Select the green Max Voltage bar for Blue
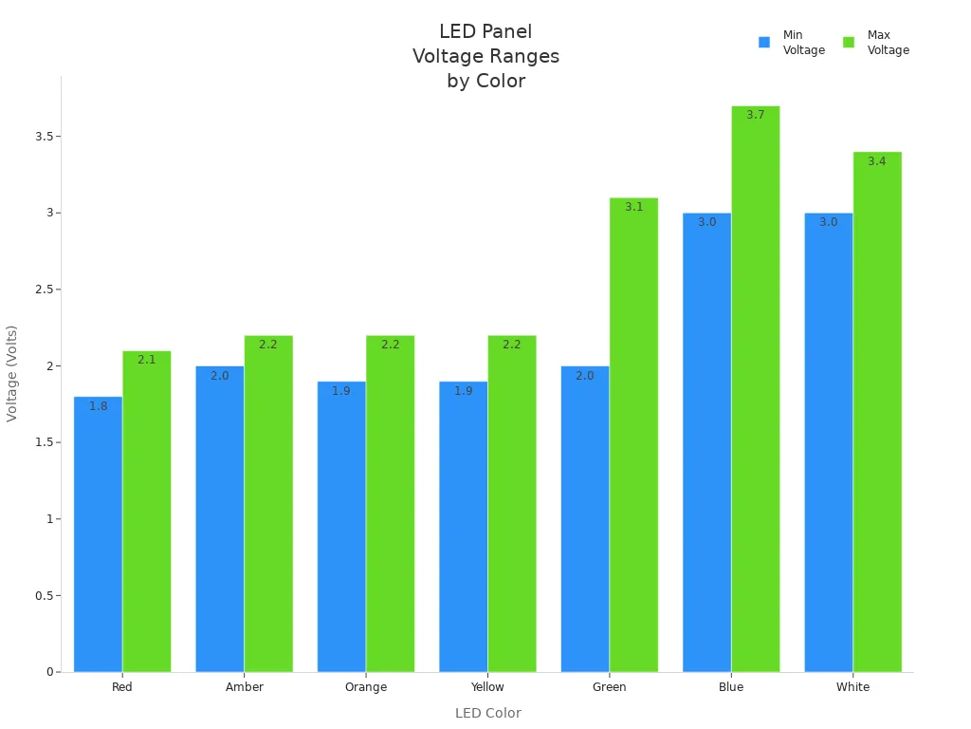pyautogui.click(x=755, y=389)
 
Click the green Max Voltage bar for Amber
pyautogui.click(x=268, y=503)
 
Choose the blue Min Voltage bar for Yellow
pyautogui.click(x=463, y=526)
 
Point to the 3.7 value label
pyautogui.click(x=755, y=115)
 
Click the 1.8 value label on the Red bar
pyautogui.click(x=99, y=406)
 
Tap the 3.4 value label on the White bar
pyautogui.click(x=876, y=161)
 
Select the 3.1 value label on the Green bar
pyautogui.click(x=633, y=207)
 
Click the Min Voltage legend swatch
pyautogui.click(x=764, y=43)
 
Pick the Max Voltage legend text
pyautogui.click(x=888, y=43)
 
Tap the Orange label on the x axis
pyautogui.click(x=366, y=687)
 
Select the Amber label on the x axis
pyautogui.click(x=245, y=687)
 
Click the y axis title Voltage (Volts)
pyautogui.click(x=12, y=373)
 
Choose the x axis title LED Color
pyautogui.click(x=487, y=713)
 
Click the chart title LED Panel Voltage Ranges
pyautogui.click(x=485, y=56)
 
